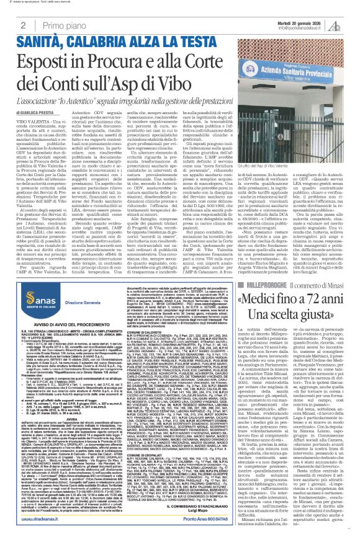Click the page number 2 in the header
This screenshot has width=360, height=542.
click(23, 25)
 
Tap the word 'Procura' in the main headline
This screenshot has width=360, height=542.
click(133, 63)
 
